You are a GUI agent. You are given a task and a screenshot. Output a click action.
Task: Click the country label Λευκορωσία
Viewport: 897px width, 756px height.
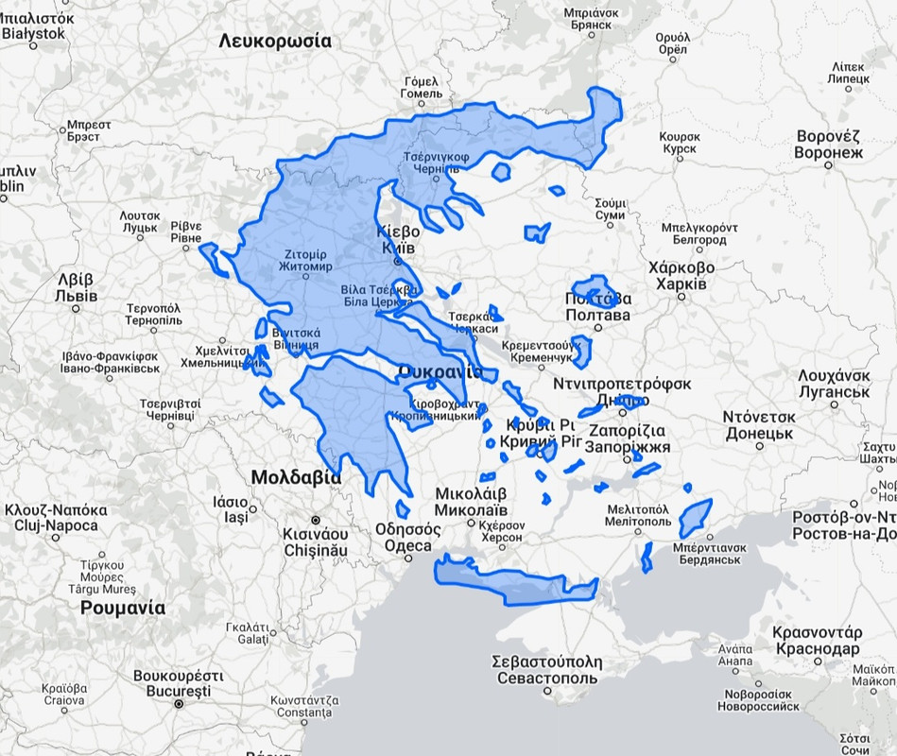(275, 41)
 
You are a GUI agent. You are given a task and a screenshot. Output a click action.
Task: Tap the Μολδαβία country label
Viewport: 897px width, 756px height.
(296, 477)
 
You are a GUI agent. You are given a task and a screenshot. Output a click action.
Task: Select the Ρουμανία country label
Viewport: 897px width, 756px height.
(123, 608)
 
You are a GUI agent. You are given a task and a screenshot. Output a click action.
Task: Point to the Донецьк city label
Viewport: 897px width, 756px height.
(758, 434)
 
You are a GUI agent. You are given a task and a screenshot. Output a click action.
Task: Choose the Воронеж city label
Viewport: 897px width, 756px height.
(829, 152)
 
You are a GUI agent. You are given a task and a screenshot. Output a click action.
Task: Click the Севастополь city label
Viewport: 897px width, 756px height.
(546, 679)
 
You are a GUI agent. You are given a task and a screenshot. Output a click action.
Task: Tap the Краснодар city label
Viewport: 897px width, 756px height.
(816, 649)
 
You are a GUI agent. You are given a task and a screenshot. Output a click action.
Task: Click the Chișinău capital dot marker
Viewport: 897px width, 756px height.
(316, 520)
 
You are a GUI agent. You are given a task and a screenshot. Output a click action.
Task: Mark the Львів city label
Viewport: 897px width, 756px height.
(76, 296)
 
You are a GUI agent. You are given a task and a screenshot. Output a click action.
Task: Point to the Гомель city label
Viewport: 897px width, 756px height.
(421, 94)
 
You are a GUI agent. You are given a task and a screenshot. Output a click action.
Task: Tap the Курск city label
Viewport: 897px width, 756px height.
(681, 149)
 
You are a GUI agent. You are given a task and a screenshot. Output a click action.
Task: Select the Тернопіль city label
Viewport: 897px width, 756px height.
(153, 321)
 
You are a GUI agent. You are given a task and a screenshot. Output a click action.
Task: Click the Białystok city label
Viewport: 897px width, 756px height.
(33, 33)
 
